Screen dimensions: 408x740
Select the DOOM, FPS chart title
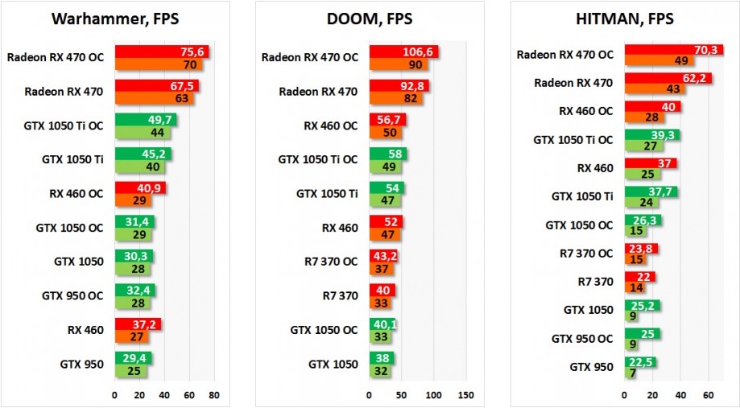pyautogui.click(x=370, y=20)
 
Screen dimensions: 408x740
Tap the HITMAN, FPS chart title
pyautogui.click(x=625, y=20)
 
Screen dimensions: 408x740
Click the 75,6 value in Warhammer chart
pyautogui.click(x=193, y=52)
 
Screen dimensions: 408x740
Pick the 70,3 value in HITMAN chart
pyautogui.click(x=708, y=49)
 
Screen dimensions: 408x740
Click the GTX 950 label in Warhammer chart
pyautogui.click(x=81, y=365)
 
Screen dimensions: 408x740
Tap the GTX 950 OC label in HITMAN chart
pyautogui.click(x=582, y=339)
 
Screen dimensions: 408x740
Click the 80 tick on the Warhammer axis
pyautogui.click(x=214, y=395)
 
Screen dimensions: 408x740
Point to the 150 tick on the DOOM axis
pyautogui.click(x=465, y=395)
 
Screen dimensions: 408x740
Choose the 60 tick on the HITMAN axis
pyautogui.click(x=708, y=396)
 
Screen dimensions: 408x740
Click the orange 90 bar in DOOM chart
pyautogui.click(x=399, y=64)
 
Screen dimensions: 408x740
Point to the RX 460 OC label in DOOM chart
pyautogui.click(x=330, y=126)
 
